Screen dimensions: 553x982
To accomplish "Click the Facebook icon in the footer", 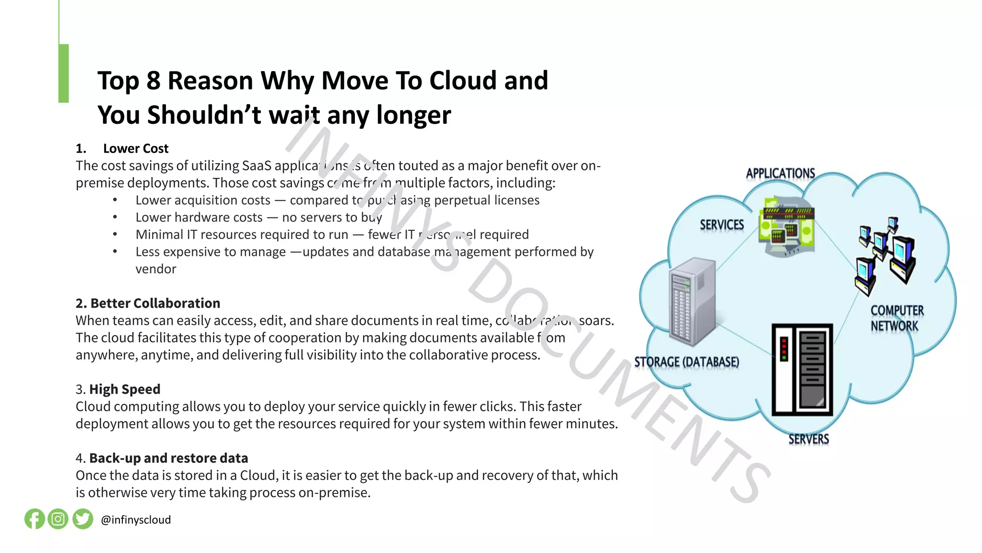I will (x=35, y=519).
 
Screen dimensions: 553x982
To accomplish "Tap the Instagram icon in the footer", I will (x=58, y=519).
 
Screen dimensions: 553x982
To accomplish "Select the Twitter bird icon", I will (x=83, y=519).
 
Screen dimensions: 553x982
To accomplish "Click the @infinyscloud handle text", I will (x=136, y=520).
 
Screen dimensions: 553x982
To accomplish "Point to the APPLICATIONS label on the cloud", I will (x=780, y=173).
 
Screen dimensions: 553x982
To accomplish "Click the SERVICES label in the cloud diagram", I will (x=722, y=225).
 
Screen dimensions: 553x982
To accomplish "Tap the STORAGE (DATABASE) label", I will (x=687, y=362).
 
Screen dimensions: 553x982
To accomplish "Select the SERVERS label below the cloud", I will (x=808, y=439).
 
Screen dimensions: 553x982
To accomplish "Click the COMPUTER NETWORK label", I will (x=896, y=318).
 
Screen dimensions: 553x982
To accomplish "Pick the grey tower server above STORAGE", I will (x=692, y=301).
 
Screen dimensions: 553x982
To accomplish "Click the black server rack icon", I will (x=802, y=370).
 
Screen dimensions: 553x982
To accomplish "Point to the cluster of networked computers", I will (x=885, y=254).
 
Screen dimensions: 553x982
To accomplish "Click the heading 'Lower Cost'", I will (x=136, y=149).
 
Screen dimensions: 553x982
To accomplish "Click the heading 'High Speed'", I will (x=125, y=389).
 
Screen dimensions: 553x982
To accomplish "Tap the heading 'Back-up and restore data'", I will (x=168, y=458).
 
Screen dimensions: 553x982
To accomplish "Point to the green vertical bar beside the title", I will (x=63, y=73).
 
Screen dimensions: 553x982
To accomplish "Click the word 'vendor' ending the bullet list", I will (x=156, y=269).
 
